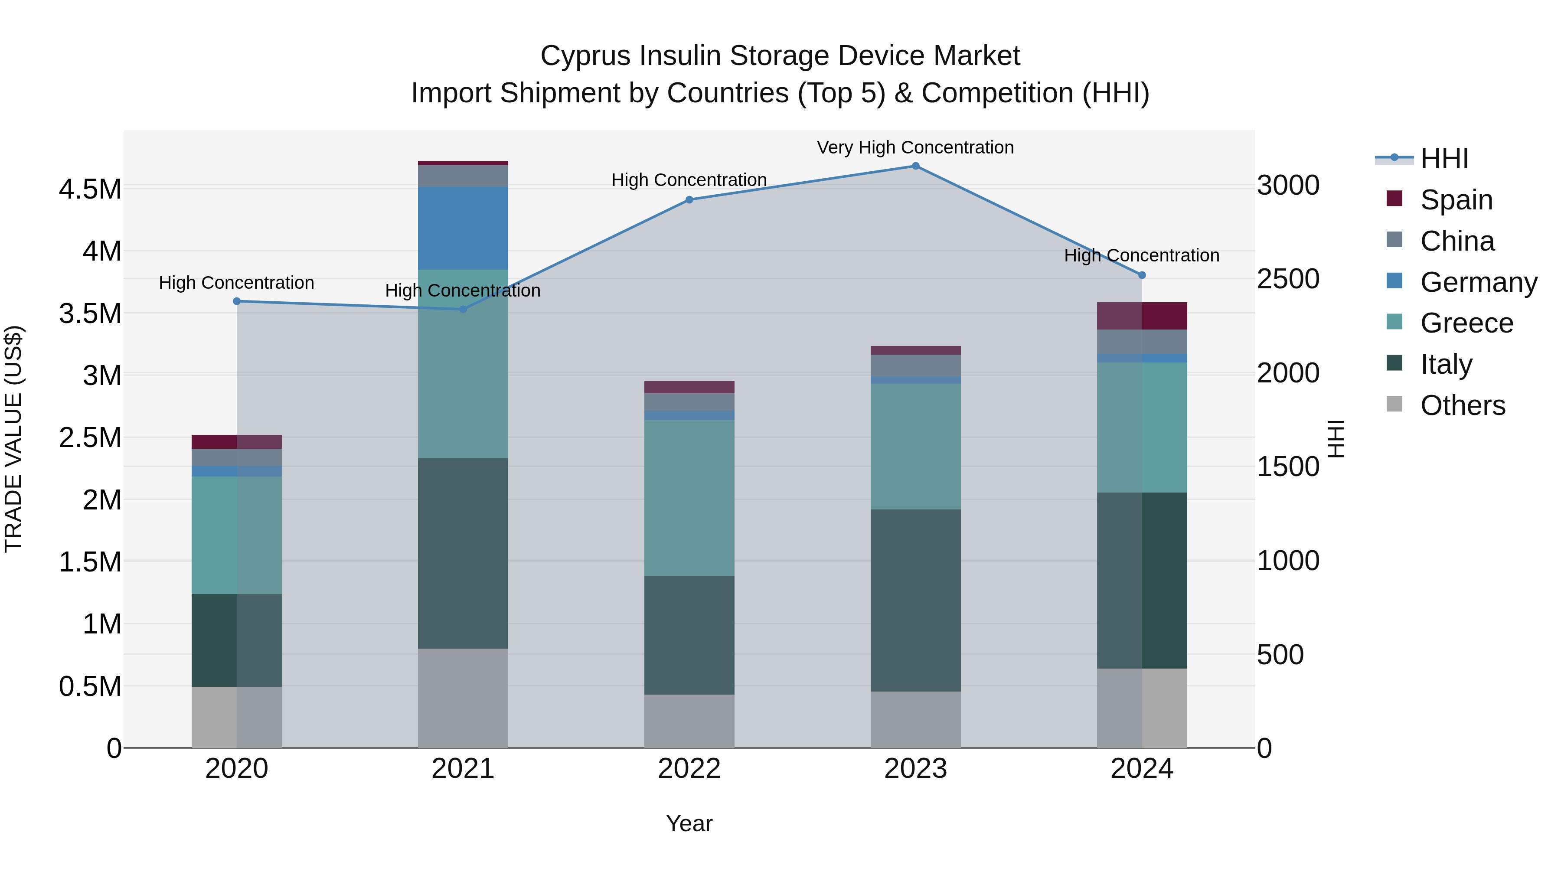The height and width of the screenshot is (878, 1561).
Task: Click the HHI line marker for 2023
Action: pyautogui.click(x=915, y=166)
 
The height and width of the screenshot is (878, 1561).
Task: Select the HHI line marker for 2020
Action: pyautogui.click(x=237, y=301)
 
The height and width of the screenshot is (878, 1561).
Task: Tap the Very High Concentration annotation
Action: pyautogui.click(x=915, y=147)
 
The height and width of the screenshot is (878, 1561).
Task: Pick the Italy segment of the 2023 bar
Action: pyautogui.click(x=915, y=600)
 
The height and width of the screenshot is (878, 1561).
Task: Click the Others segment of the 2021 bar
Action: pyautogui.click(x=463, y=698)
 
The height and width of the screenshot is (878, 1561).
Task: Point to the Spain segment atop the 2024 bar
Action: pyautogui.click(x=1142, y=316)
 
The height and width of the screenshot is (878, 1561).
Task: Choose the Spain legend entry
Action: pyautogui.click(x=1456, y=200)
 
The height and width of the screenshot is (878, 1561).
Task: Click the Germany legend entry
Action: pyautogui.click(x=1478, y=282)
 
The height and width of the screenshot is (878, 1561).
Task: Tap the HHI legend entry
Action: pyautogui.click(x=1443, y=159)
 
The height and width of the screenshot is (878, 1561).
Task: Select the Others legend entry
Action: pyautogui.click(x=1462, y=405)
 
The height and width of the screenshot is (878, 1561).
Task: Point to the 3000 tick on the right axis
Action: pyautogui.click(x=1288, y=186)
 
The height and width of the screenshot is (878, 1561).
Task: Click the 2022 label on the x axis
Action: pyautogui.click(x=689, y=768)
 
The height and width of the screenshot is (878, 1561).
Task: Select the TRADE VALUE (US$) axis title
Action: pyautogui.click(x=13, y=439)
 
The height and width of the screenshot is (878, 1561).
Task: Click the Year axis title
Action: pyautogui.click(x=689, y=823)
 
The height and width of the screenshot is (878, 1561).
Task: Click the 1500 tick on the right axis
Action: pyautogui.click(x=1288, y=467)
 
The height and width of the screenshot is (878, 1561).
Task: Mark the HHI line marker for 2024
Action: pyautogui.click(x=1142, y=275)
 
